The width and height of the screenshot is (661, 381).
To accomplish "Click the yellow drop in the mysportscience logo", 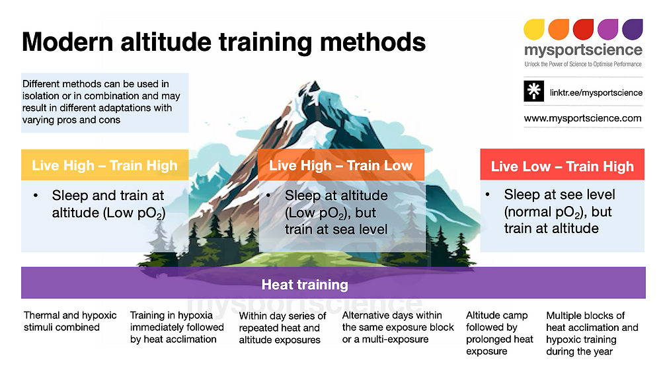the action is [x=533, y=29].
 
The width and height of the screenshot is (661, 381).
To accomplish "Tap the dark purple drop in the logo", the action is [x=633, y=29].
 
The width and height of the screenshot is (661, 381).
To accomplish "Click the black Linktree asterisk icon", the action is [x=533, y=91].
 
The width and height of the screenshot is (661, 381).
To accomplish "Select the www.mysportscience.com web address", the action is [x=582, y=118].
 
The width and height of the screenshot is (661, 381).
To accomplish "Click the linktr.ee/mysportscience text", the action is [x=596, y=92].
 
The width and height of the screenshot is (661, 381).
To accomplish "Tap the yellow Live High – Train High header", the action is [x=104, y=165].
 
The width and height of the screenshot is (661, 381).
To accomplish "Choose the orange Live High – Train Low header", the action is [x=341, y=165].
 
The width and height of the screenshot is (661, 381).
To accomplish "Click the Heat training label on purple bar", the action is [x=305, y=285].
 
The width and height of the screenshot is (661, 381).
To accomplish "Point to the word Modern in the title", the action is [x=67, y=42].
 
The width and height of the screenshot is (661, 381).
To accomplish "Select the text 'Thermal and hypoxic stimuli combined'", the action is [x=70, y=321].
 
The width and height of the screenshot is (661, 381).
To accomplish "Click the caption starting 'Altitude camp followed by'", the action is [x=500, y=333].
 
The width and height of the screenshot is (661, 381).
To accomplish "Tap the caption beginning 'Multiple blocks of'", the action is [x=592, y=333].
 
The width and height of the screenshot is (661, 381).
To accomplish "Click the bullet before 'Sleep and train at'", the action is [x=36, y=195].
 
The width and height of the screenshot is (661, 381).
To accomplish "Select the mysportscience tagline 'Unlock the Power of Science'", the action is [x=583, y=64].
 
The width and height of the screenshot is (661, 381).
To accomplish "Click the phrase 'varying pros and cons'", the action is [x=71, y=120].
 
